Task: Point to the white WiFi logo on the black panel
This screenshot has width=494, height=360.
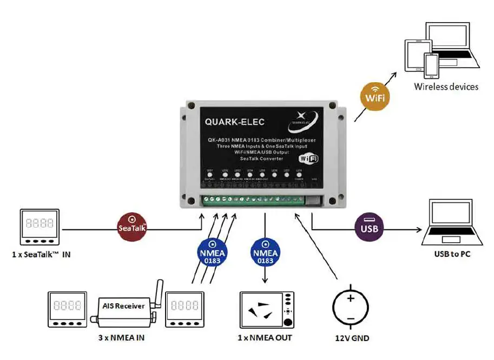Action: (x=308, y=158)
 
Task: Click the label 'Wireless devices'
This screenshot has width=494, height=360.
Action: (x=446, y=86)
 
